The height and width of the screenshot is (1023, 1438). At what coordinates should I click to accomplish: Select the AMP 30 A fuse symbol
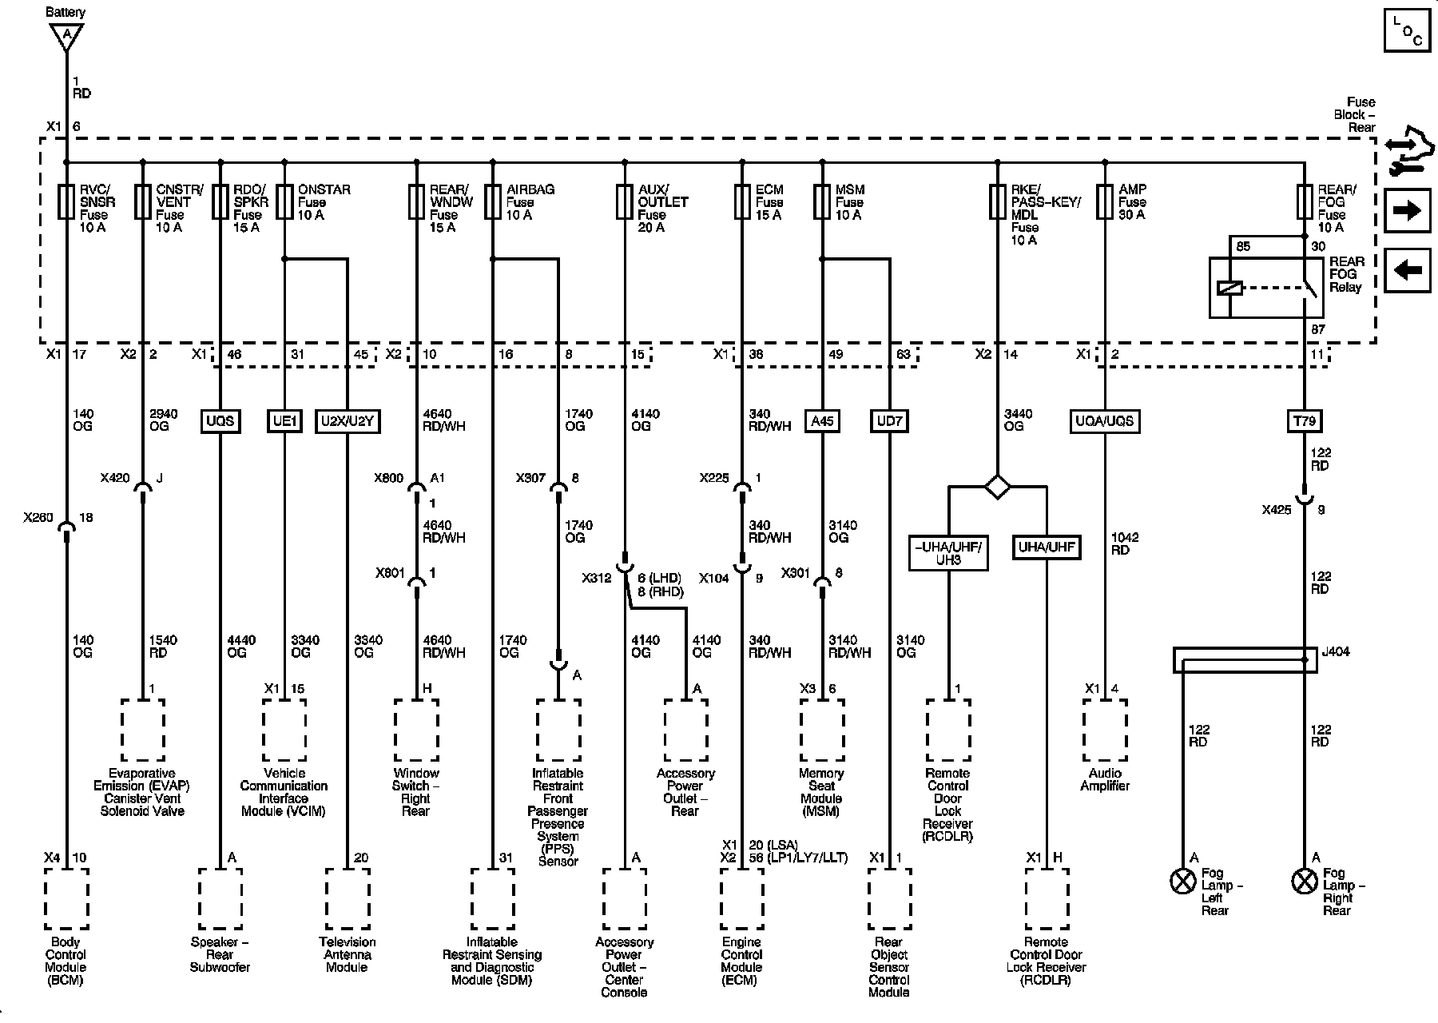point(1105,202)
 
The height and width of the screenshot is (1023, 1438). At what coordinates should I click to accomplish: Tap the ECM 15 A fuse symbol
point(742,202)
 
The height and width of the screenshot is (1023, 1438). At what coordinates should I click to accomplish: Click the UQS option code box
point(220,421)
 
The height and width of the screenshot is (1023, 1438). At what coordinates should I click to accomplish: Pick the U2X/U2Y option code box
point(348,421)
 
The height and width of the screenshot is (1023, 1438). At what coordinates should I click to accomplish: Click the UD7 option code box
point(889,421)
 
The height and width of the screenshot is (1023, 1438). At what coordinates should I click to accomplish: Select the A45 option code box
point(822,421)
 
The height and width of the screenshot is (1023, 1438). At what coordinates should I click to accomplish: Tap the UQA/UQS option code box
point(1105,421)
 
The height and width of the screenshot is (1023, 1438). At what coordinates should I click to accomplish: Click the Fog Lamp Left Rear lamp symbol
point(1182,882)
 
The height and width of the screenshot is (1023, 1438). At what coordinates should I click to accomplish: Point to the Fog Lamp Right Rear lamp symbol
point(1304,882)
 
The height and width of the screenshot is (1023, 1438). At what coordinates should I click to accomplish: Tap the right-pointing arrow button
point(1407,210)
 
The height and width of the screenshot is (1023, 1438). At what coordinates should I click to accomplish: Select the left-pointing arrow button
point(1407,270)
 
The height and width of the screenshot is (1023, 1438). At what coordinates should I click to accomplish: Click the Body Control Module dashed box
point(66,899)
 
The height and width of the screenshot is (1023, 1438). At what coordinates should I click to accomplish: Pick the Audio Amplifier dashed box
point(1105,730)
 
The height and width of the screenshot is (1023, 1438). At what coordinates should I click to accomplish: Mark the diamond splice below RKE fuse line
point(997,486)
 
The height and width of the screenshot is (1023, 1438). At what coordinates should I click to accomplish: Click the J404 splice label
point(1335,651)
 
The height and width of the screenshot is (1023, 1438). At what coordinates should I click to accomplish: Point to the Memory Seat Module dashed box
point(822,730)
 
